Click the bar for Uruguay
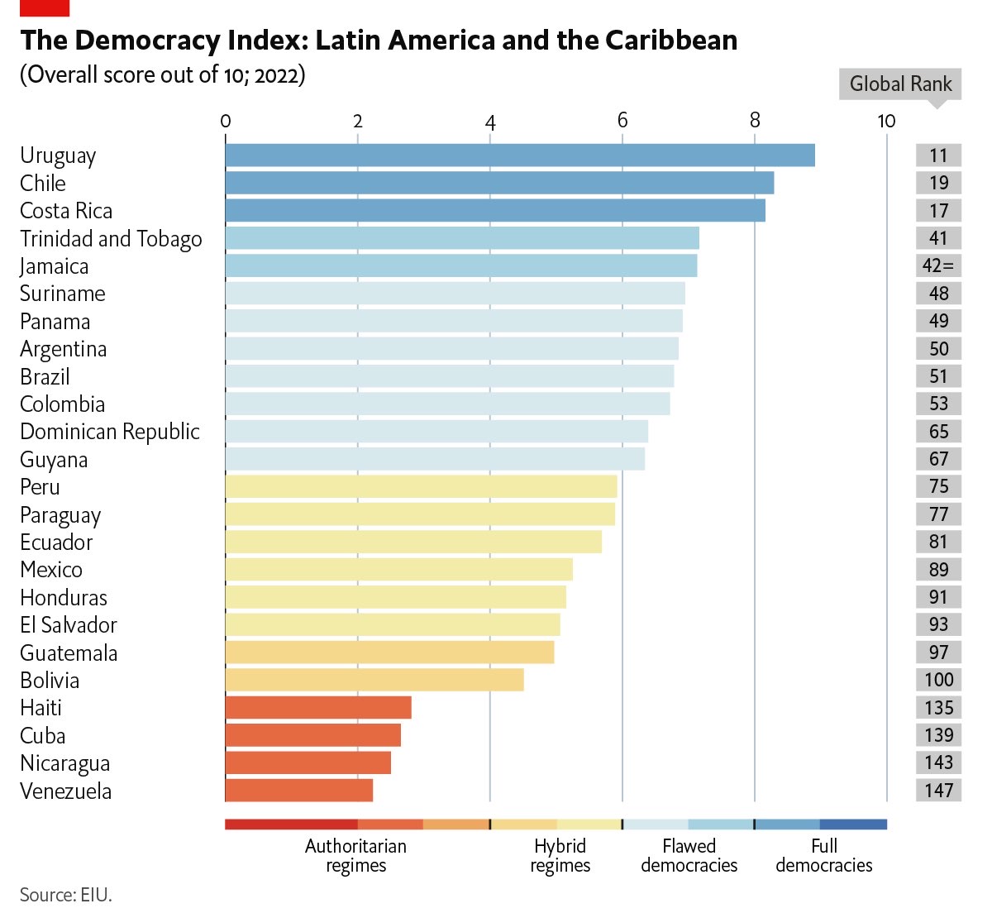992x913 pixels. (520, 155)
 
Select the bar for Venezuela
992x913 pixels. (299, 791)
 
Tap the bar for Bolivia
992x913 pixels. (374, 680)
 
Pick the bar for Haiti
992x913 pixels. (318, 708)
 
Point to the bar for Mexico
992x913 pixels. (398, 570)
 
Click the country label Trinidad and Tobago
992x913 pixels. (111, 239)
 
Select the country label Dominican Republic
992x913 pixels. (110, 432)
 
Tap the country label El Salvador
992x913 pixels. (69, 625)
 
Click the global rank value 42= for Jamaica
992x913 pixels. (938, 265)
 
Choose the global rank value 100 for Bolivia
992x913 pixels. (938, 680)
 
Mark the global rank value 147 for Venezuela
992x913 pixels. (938, 791)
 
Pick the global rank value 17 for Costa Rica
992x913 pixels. (938, 211)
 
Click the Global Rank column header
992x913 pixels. (900, 84)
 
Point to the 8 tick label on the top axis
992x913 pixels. (754, 121)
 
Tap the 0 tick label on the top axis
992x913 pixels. (226, 121)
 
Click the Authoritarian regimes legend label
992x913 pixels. (355, 856)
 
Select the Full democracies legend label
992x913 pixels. (823, 856)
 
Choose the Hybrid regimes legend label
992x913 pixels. (560, 856)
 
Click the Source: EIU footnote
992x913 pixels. (65, 895)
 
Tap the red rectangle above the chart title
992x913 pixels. (45, 7)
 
